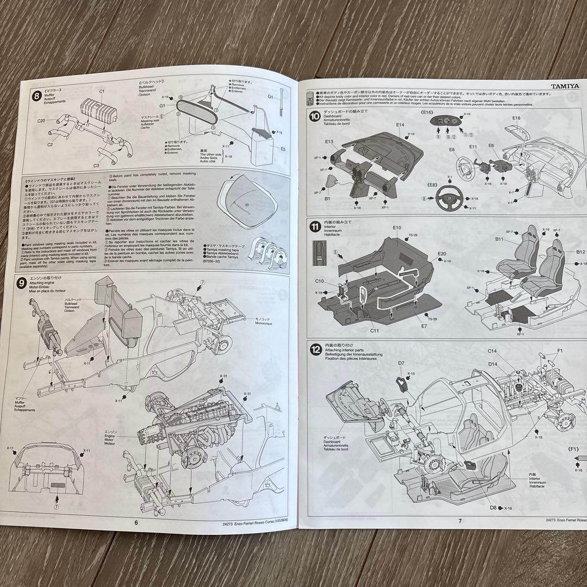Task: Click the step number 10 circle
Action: click(315, 115)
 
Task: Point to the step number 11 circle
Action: click(315, 226)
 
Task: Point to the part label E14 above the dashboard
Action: click(400, 124)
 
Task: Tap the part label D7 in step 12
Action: click(401, 363)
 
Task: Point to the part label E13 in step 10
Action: click(329, 142)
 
